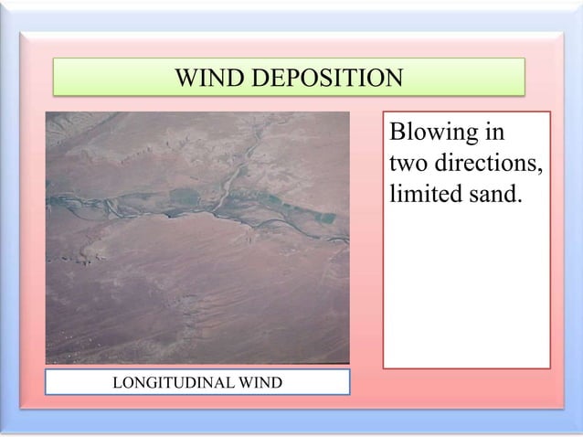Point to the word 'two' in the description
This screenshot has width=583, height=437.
tap(407, 165)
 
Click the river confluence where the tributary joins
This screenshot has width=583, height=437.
tap(217, 209)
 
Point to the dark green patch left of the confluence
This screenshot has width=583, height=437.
tap(185, 197)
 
